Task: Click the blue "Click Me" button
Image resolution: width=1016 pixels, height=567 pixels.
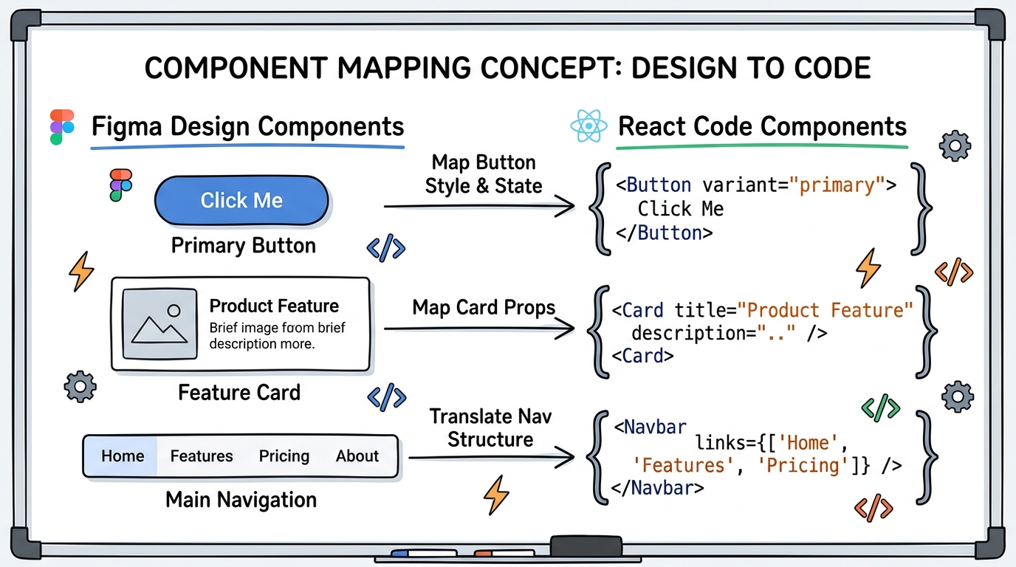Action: [241, 200]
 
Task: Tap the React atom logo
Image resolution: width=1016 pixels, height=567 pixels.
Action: [588, 127]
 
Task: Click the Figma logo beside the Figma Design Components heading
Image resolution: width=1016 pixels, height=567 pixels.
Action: [62, 127]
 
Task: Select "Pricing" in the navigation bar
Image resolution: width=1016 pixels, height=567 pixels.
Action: [284, 456]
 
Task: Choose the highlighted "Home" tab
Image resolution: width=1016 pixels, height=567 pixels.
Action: [122, 456]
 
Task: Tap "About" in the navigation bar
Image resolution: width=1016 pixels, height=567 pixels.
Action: [357, 456]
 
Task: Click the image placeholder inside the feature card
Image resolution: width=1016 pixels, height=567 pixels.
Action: [159, 324]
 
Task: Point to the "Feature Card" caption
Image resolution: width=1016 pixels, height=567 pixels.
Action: [239, 392]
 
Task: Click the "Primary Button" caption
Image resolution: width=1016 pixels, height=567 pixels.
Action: [243, 246]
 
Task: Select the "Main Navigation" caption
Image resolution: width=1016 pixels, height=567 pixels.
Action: [241, 500]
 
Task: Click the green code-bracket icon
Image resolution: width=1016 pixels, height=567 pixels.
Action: [881, 407]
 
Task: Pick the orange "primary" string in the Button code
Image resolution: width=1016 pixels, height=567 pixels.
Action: [837, 185]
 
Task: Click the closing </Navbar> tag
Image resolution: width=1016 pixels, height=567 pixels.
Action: [658, 488]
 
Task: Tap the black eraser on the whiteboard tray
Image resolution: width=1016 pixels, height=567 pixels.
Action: [586, 546]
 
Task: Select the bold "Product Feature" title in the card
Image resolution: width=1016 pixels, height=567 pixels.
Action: [274, 306]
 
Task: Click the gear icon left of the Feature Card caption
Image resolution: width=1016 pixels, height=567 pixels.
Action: [80, 386]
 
